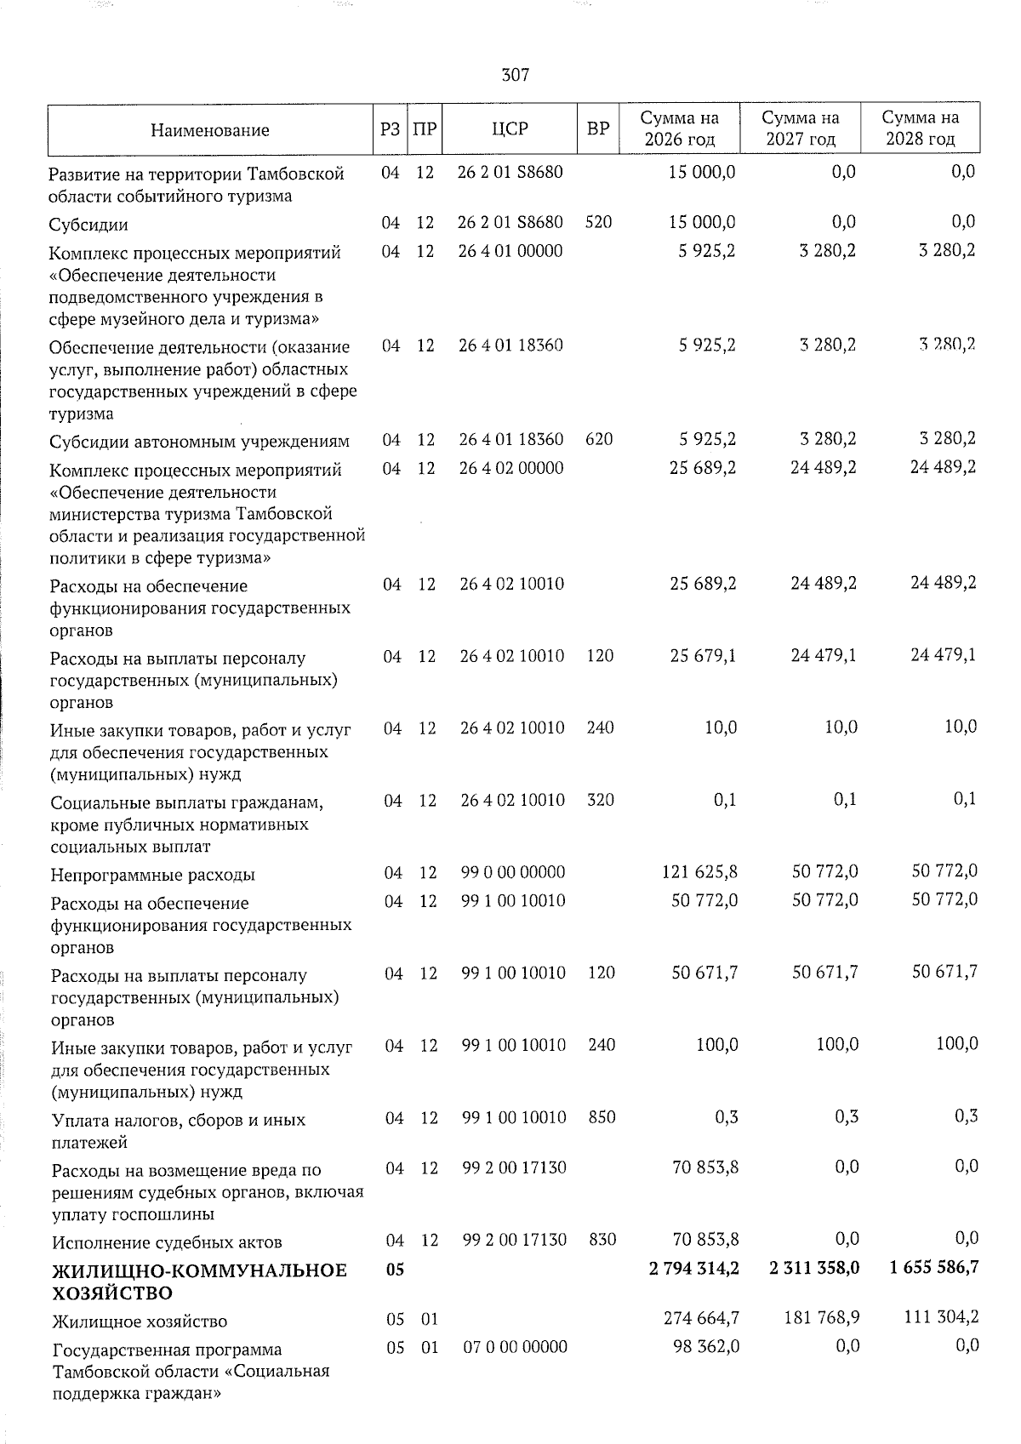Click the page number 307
pyautogui.click(x=516, y=75)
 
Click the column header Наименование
pyautogui.click(x=209, y=129)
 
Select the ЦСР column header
pyautogui.click(x=510, y=128)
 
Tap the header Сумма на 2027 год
pyautogui.click(x=800, y=128)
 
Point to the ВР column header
pyautogui.click(x=598, y=128)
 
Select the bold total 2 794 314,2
pyautogui.click(x=693, y=1268)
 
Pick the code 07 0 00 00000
pyautogui.click(x=515, y=1347)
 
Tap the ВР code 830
pyautogui.click(x=602, y=1240)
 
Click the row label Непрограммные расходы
pyautogui.click(x=153, y=875)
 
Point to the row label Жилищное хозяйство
pyautogui.click(x=140, y=1321)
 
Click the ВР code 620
pyautogui.click(x=600, y=440)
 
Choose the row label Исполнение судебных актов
pyautogui.click(x=167, y=1242)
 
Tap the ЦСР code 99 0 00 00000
pyautogui.click(x=513, y=872)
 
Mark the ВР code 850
pyautogui.click(x=602, y=1116)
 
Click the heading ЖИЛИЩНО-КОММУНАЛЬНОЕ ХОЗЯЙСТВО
pyautogui.click(x=199, y=1281)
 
